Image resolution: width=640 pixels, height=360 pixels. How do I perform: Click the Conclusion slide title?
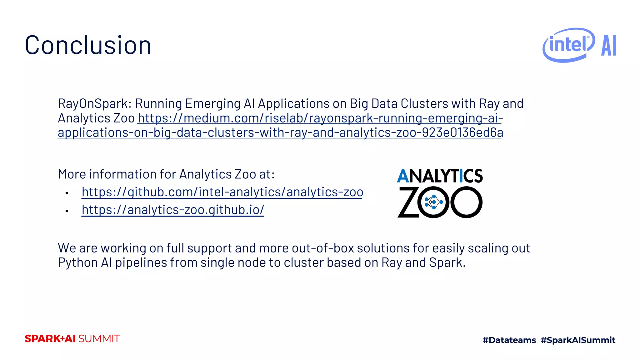pyautogui.click(x=88, y=46)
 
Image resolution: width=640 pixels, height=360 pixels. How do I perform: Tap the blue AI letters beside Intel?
pyautogui.click(x=609, y=46)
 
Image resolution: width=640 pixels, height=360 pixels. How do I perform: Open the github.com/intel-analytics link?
pyautogui.click(x=222, y=192)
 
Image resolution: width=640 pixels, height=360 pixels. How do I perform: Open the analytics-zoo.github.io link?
pyautogui.click(x=173, y=210)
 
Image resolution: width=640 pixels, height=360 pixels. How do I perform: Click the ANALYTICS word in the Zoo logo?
pyautogui.click(x=440, y=176)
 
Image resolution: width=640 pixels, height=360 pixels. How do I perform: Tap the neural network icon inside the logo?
pyautogui.click(x=433, y=202)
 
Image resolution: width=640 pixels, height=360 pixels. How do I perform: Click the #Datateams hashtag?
pyautogui.click(x=509, y=340)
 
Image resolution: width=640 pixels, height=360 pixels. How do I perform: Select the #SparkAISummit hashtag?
pyautogui.click(x=578, y=340)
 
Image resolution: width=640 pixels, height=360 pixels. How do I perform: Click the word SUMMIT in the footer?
pyautogui.click(x=99, y=339)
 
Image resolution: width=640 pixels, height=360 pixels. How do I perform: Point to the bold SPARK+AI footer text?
pyautogui.click(x=50, y=339)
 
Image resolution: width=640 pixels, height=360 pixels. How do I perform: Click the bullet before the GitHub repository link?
pyautogui.click(x=67, y=193)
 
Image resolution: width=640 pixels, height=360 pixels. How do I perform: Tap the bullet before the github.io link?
pyautogui.click(x=67, y=211)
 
